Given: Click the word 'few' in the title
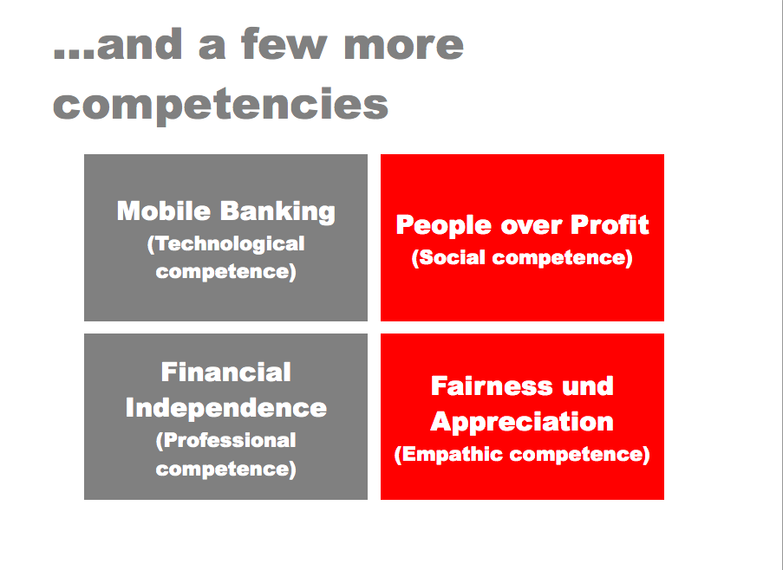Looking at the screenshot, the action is [x=284, y=44].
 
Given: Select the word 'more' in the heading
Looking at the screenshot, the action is [x=404, y=47].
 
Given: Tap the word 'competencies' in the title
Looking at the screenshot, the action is [x=221, y=105].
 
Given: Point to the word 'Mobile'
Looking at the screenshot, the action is [x=163, y=211].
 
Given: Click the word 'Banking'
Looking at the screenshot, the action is [x=277, y=212].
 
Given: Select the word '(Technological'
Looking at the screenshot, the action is [x=225, y=245].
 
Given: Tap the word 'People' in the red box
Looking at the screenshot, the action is [x=443, y=225].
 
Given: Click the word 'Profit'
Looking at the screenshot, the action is [x=610, y=224].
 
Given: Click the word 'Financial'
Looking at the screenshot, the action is [x=225, y=372].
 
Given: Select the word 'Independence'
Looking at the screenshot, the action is [x=226, y=408].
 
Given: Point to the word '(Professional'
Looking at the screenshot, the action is [x=225, y=441].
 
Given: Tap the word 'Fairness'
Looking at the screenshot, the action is [x=492, y=386].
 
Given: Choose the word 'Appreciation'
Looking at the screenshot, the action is [x=522, y=423].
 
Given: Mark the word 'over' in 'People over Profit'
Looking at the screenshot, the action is [x=531, y=227].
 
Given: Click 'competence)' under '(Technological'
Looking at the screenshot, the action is [x=225, y=272].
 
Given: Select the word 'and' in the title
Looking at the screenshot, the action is [x=140, y=44].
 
